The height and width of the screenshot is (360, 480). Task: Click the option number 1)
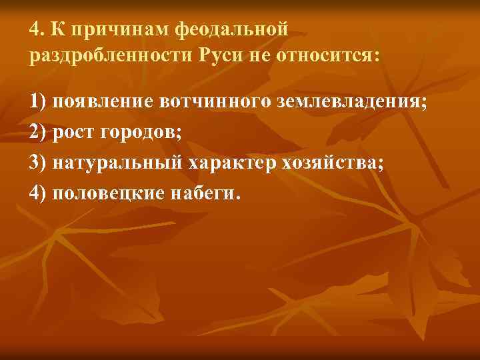click(x=38, y=102)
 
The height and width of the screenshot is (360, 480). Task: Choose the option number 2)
click(x=38, y=132)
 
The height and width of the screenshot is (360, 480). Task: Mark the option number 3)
click(x=38, y=163)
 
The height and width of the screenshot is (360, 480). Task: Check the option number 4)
click(x=38, y=193)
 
